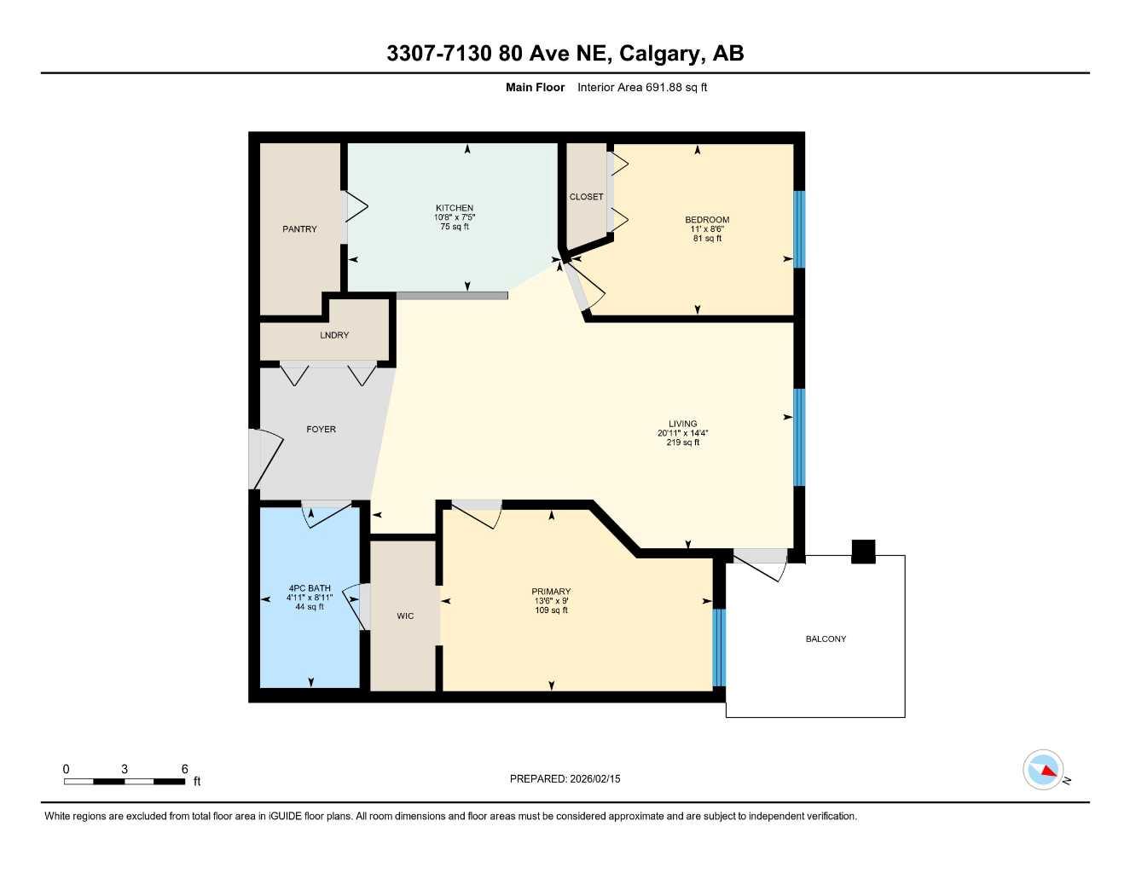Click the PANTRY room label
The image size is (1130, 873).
(x=299, y=229)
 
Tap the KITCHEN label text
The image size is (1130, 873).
(x=455, y=208)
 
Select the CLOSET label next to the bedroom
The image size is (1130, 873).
(x=586, y=197)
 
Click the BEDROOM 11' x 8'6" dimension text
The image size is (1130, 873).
(x=707, y=229)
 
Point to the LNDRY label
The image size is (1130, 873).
(x=334, y=335)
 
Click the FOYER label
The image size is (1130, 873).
(x=321, y=429)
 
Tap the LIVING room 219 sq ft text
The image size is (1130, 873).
(x=682, y=442)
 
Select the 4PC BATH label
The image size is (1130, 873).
(x=310, y=588)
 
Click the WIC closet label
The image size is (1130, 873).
(x=405, y=616)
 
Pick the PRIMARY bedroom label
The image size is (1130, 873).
(x=551, y=592)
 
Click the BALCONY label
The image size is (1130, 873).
(x=826, y=639)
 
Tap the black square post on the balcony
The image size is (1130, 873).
(x=864, y=552)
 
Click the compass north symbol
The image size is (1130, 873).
(x=1043, y=770)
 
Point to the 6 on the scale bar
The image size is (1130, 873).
(x=184, y=769)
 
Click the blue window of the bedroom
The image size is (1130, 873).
(x=799, y=229)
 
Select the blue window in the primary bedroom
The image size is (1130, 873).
(x=719, y=648)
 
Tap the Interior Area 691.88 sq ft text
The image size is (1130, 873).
(x=642, y=87)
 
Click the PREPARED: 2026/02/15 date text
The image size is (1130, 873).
(x=565, y=778)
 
